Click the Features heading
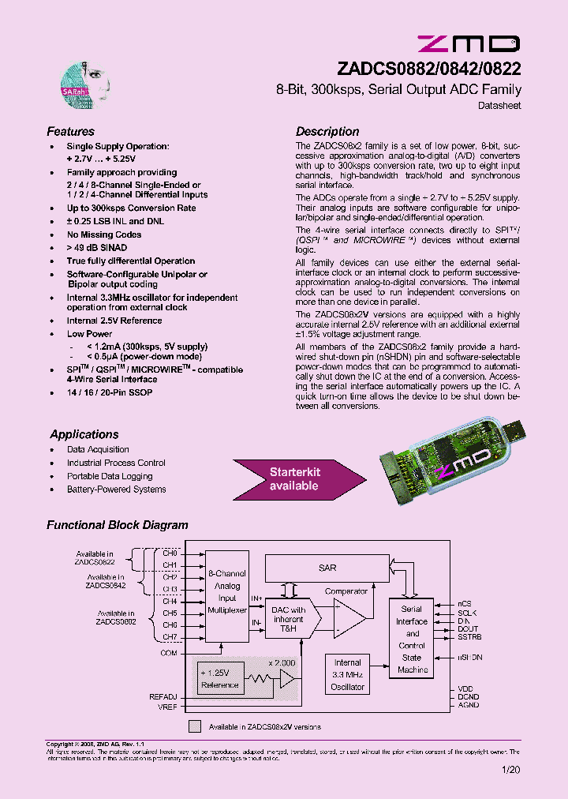pos(70,132)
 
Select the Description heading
pos(327,132)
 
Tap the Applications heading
pos(84,434)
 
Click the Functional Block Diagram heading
pos(117,524)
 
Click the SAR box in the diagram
pos(327,567)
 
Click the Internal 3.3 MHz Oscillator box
pos(347,675)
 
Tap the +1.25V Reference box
pos(219,678)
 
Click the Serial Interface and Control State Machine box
pos(413,640)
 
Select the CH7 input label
pos(170,637)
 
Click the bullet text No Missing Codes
pos(103,234)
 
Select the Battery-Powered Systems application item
pos(116,490)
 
